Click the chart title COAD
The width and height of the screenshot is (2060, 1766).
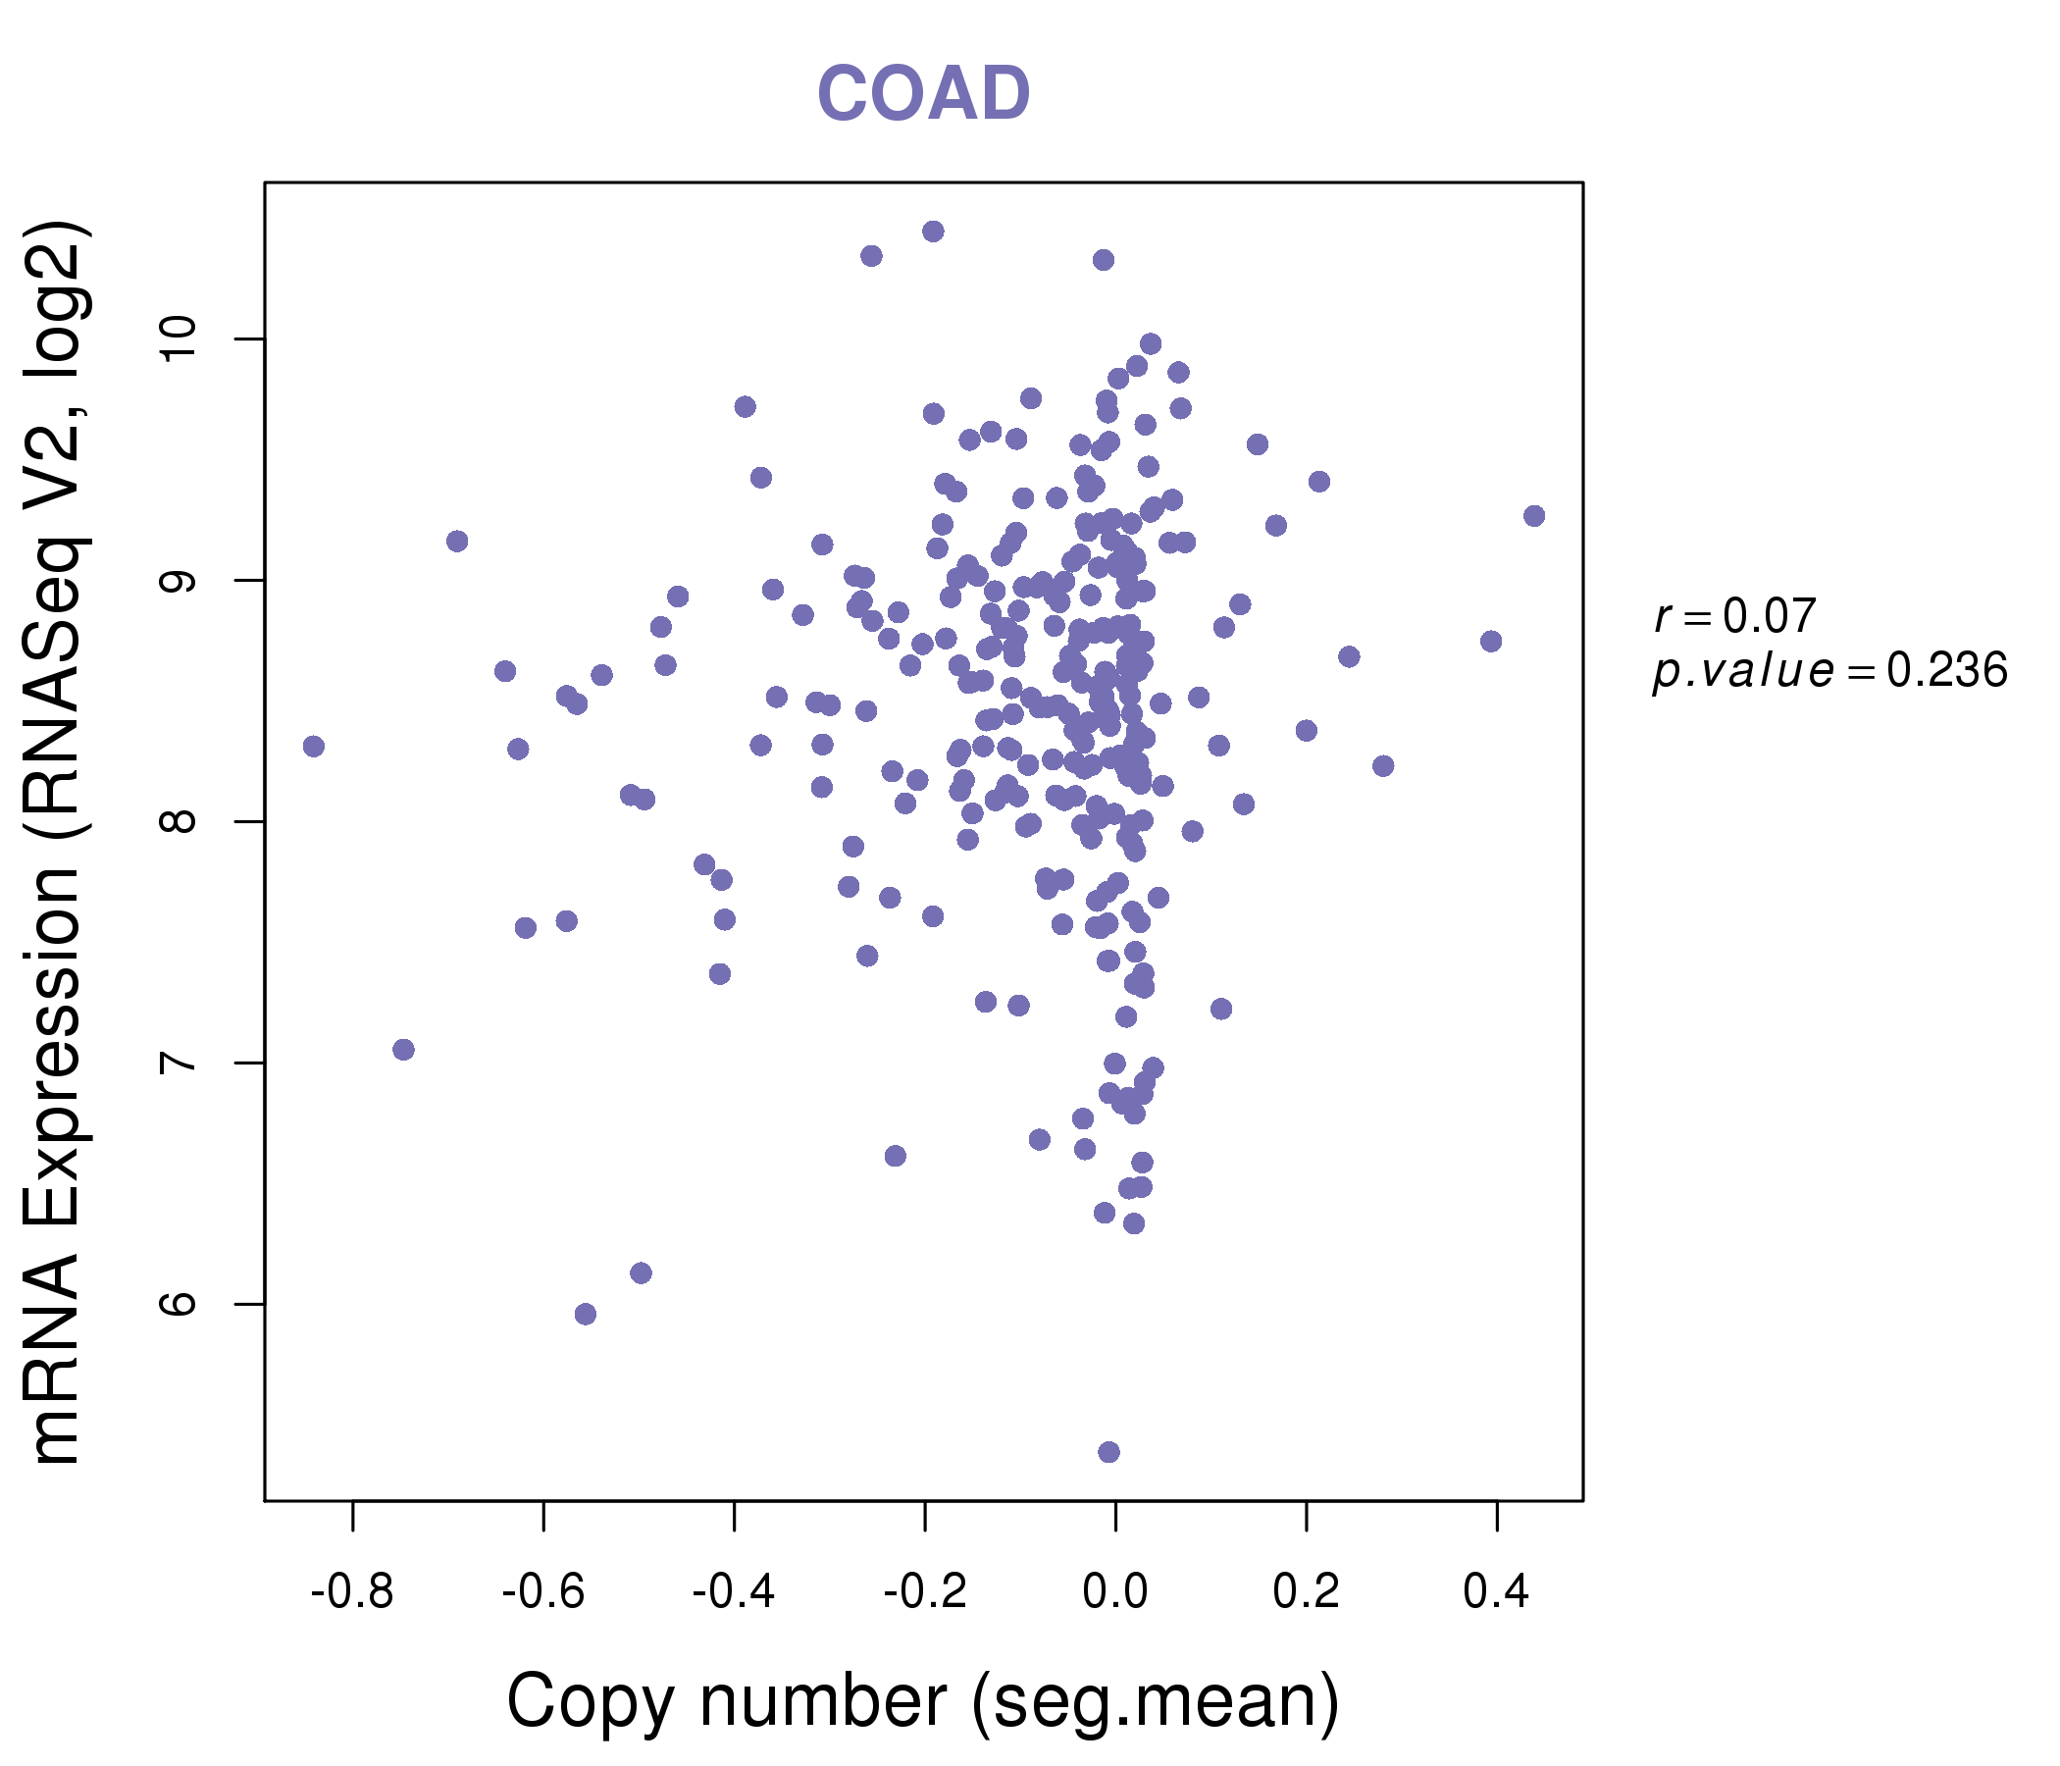click(923, 94)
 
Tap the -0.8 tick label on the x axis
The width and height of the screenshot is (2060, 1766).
click(352, 1592)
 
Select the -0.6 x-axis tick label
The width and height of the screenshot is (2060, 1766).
click(542, 1592)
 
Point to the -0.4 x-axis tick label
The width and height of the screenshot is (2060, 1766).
click(734, 1592)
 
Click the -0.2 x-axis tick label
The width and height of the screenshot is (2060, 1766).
click(925, 1592)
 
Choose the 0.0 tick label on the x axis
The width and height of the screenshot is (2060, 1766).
click(1115, 1592)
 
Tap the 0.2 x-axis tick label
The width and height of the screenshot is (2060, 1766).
click(1307, 1592)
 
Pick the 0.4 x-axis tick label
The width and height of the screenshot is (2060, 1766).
click(1496, 1592)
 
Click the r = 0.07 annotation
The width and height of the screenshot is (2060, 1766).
click(1735, 616)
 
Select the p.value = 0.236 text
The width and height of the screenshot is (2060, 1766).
click(1829, 671)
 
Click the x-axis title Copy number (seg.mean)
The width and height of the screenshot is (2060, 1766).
click(923, 1701)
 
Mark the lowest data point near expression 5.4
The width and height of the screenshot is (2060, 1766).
click(1108, 1452)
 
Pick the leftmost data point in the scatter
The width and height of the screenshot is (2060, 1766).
click(314, 747)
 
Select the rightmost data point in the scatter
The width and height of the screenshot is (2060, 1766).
click(1534, 516)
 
